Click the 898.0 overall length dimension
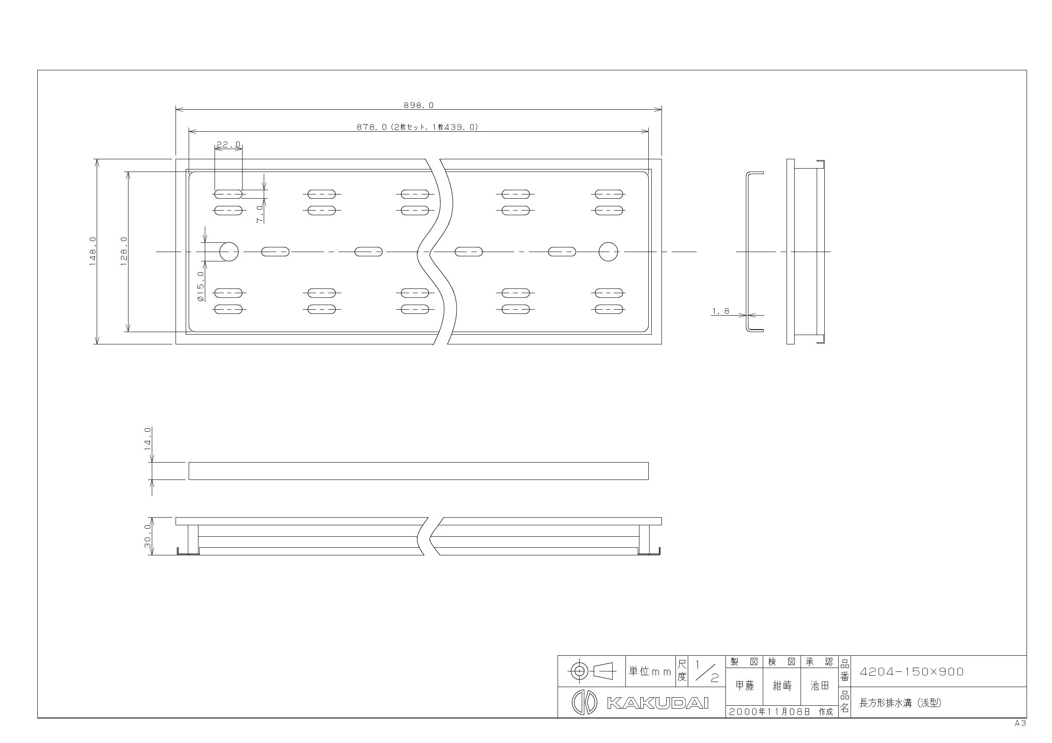419,105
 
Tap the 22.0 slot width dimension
228,145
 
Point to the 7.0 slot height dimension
260,214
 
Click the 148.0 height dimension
92,251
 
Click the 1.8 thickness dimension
720,311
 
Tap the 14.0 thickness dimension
148,438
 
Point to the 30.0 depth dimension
148,540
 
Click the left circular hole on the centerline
229,251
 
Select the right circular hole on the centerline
608,251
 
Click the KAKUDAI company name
658,703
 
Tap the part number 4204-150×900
912,671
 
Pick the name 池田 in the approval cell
820,685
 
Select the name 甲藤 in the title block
745,685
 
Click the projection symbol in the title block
592,671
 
